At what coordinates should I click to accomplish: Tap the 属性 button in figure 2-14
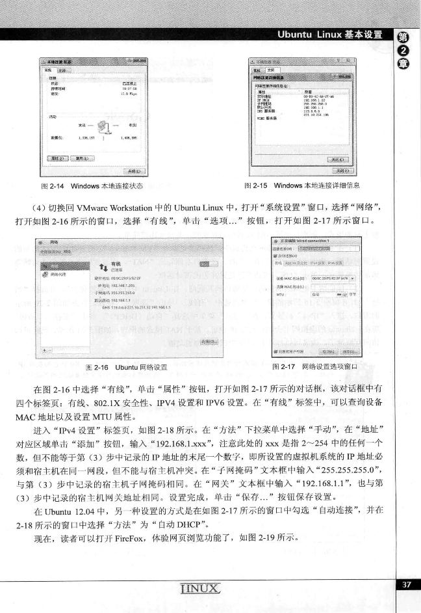click(55, 157)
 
